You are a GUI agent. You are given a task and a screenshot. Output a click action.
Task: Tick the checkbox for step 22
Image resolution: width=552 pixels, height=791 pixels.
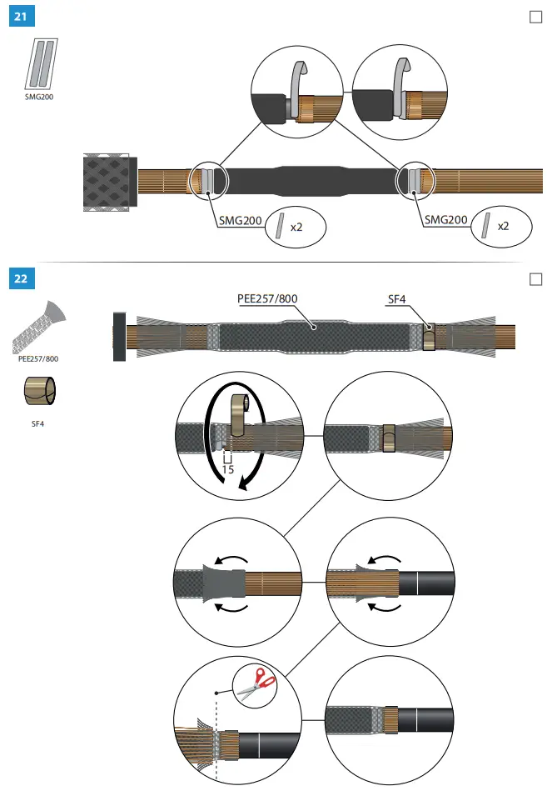(x=535, y=278)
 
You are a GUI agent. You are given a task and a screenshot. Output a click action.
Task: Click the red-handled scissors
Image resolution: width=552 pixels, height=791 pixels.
(x=256, y=683)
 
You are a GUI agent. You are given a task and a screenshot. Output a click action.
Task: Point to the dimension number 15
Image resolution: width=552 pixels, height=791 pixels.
(x=227, y=469)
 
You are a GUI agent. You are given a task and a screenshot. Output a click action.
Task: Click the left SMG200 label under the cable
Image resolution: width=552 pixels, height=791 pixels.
(x=239, y=220)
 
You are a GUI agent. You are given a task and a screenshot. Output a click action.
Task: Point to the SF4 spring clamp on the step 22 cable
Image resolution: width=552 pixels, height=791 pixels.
(x=428, y=337)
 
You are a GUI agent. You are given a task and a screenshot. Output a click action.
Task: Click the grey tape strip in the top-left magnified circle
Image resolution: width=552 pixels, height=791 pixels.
(x=296, y=87)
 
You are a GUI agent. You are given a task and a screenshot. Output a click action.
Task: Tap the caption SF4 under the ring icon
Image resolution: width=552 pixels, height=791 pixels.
(x=38, y=423)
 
